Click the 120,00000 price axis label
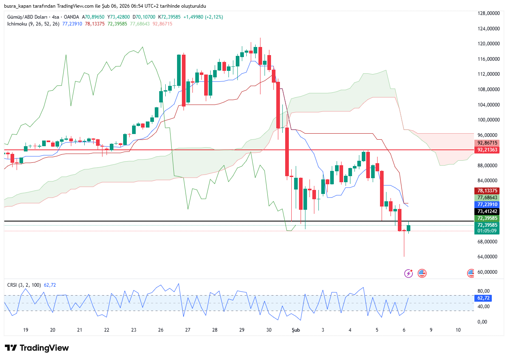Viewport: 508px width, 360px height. click(487, 44)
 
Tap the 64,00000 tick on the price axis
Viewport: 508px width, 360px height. click(487, 257)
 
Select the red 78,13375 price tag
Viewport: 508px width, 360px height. click(488, 191)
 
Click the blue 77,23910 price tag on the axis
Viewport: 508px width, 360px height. click(488, 204)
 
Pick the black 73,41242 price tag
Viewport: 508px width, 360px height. click(488, 211)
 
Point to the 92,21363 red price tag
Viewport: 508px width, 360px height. click(488, 150)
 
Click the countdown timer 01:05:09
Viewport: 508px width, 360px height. click(488, 231)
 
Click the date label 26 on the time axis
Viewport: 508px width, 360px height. click(161, 330)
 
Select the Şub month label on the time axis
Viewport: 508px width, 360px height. click(296, 330)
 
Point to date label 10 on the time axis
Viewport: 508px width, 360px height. click(458, 330)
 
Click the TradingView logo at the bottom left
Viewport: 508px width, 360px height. click(37, 348)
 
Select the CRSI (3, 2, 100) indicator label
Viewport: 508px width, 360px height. click(24, 285)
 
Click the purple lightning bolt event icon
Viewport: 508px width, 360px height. click(408, 273)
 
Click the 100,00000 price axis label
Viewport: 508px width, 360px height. click(487, 120)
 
